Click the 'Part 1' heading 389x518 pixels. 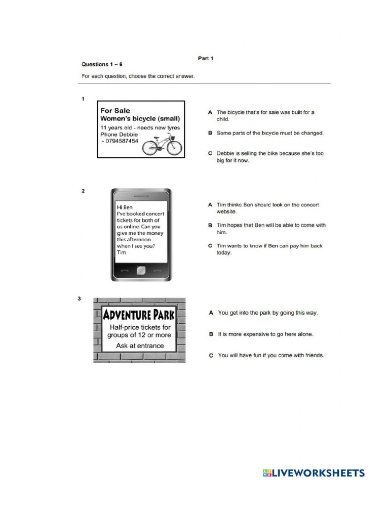pos(205,58)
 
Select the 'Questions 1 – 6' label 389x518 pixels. pos(102,64)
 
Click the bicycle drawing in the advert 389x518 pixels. pos(162,145)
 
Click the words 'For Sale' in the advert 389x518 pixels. pos(115,110)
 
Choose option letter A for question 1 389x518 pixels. pos(210,112)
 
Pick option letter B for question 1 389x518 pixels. pos(210,133)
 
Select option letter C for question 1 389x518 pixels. pos(210,153)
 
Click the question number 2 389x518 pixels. pos(83,191)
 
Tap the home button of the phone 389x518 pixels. pos(141,270)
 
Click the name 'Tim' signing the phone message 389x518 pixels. pos(122,252)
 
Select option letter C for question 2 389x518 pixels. pos(210,246)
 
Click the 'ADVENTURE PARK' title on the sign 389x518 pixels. pos(139,315)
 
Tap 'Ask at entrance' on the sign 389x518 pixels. pos(140,346)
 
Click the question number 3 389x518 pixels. pos(79,298)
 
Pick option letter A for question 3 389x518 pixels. pos(211,313)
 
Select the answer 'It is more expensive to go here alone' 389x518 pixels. pos(265,334)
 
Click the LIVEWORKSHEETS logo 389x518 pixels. pos(314,473)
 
